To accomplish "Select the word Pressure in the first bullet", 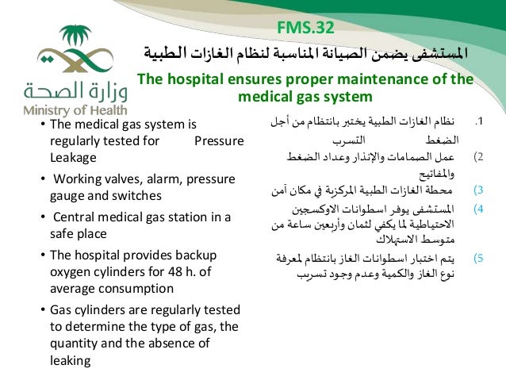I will click(x=219, y=140).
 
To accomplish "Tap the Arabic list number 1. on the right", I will click(x=478, y=122).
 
